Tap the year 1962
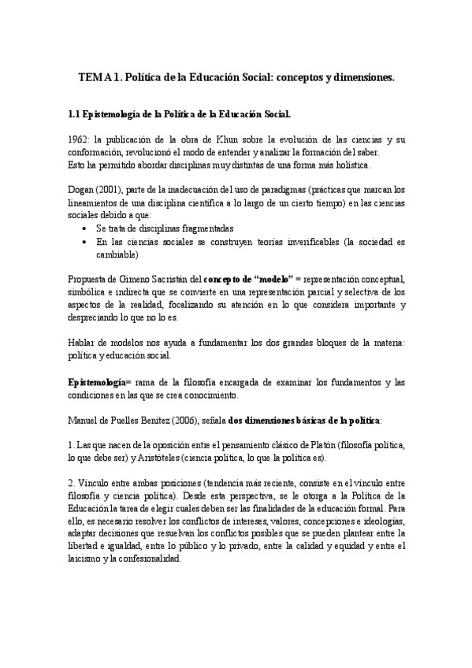tap(81, 139)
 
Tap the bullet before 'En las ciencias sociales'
tap(85, 242)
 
